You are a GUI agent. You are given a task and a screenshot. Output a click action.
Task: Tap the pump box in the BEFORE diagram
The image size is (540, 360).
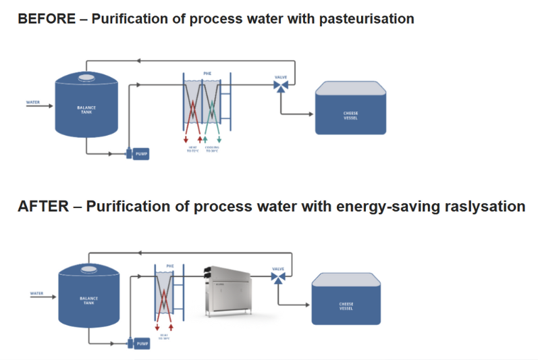tap(141, 154)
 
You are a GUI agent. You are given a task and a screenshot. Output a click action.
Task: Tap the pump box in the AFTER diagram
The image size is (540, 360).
tap(142, 344)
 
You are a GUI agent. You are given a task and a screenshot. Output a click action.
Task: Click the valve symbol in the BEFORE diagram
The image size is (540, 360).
tap(281, 86)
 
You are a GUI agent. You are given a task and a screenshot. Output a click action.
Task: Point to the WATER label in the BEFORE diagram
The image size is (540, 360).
tap(33, 103)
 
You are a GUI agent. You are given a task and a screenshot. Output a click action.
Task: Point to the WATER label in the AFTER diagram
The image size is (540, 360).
tap(37, 293)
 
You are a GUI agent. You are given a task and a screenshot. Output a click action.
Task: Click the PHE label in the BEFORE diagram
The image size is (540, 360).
tap(207, 72)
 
